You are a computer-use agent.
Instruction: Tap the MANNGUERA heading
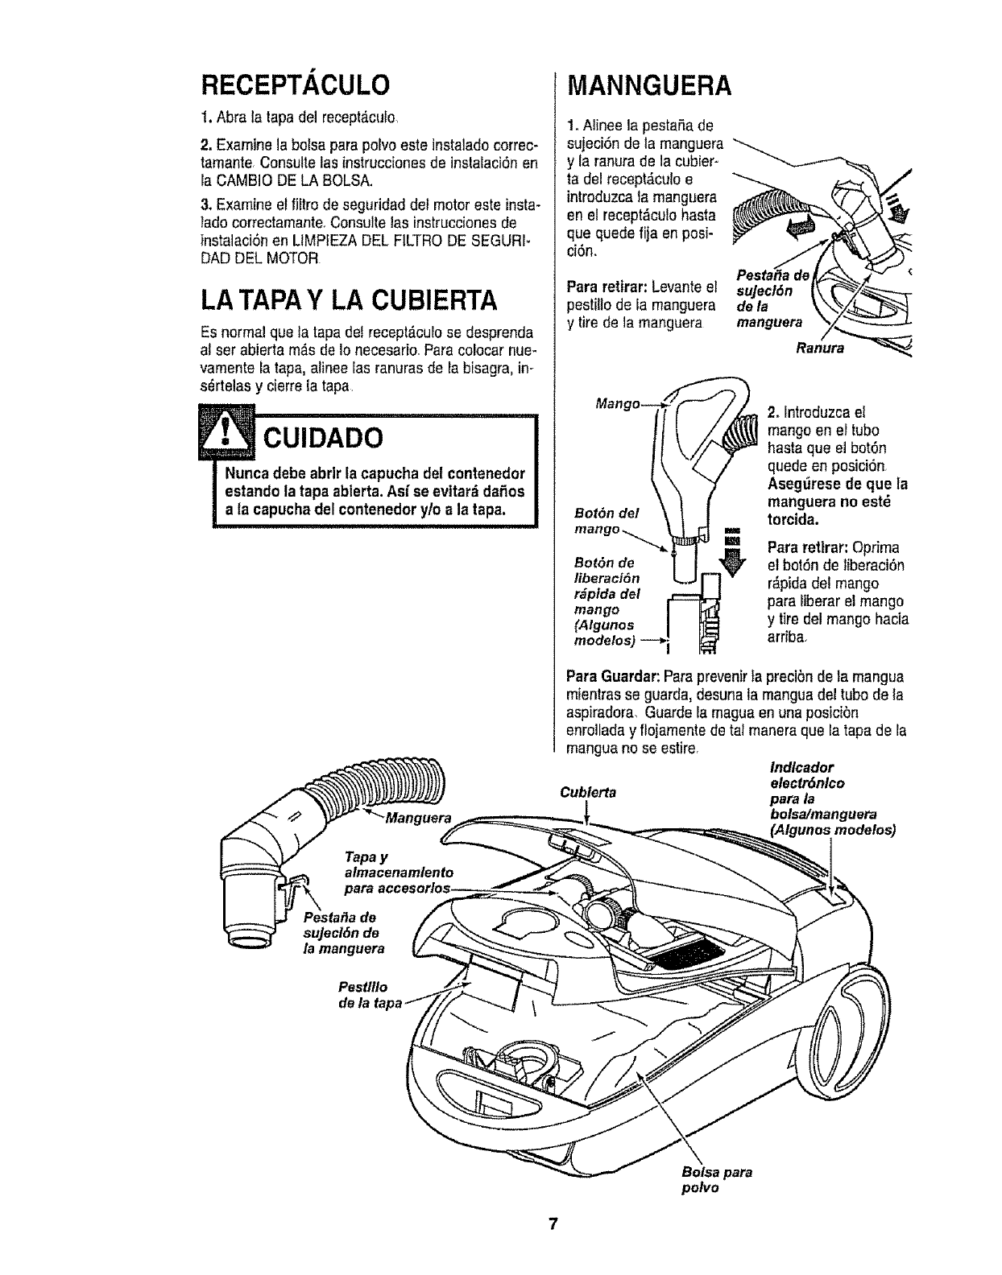649,85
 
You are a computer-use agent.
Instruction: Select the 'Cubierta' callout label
587,793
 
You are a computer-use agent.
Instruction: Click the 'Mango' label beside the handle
615,402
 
